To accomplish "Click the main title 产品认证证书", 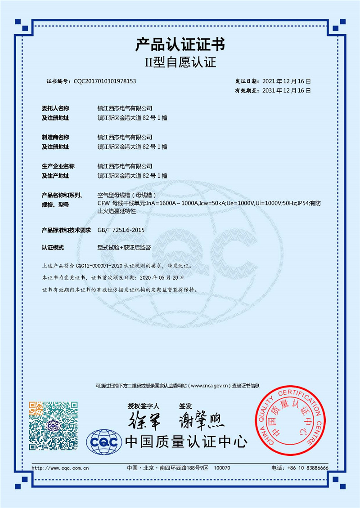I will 180,45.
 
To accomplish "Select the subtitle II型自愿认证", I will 180,62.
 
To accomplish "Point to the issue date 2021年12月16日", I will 286,81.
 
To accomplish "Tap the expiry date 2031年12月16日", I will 286,90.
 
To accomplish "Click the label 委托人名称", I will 55,108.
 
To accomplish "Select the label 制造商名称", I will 55,137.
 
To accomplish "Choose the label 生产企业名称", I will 58,166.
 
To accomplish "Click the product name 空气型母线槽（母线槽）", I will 127,195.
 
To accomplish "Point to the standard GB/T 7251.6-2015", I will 121,230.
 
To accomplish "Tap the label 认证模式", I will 53,248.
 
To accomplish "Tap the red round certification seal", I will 288,419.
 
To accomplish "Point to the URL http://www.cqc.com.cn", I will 60,468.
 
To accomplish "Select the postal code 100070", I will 223,468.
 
